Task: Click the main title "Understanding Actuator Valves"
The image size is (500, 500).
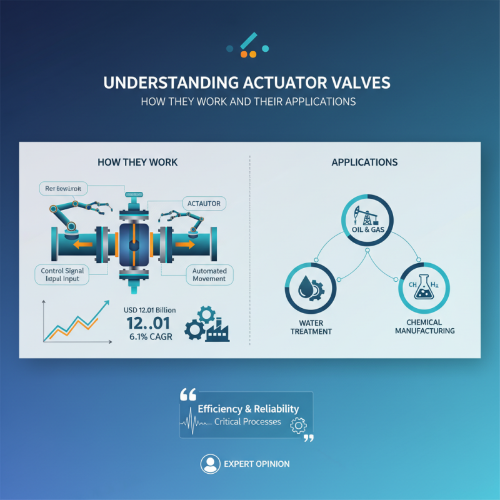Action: (x=249, y=82)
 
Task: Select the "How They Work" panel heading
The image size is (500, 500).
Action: (x=137, y=162)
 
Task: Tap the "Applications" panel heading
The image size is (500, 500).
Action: (x=364, y=162)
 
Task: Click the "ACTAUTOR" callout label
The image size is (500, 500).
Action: (x=203, y=203)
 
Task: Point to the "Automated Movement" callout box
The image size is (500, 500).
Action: (x=209, y=274)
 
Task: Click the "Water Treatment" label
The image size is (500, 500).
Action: (x=311, y=327)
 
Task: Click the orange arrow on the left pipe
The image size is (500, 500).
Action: (x=80, y=245)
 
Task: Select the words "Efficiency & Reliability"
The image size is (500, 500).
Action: (x=248, y=409)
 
